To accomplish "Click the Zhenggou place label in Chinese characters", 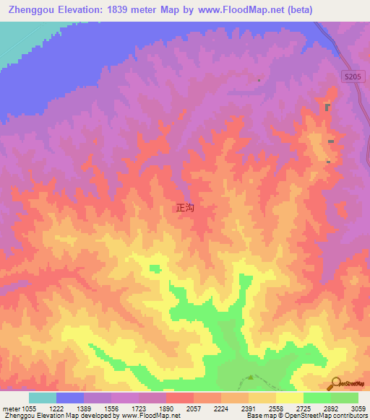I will coord(185,207).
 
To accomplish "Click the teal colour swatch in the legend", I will coord(43,398).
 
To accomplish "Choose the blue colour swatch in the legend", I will coord(70,398).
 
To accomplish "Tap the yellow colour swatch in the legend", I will coord(290,398).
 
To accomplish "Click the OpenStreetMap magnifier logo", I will coord(336,382).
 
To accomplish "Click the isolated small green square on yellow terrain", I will coord(155,268).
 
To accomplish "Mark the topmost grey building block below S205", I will coord(327,108).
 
